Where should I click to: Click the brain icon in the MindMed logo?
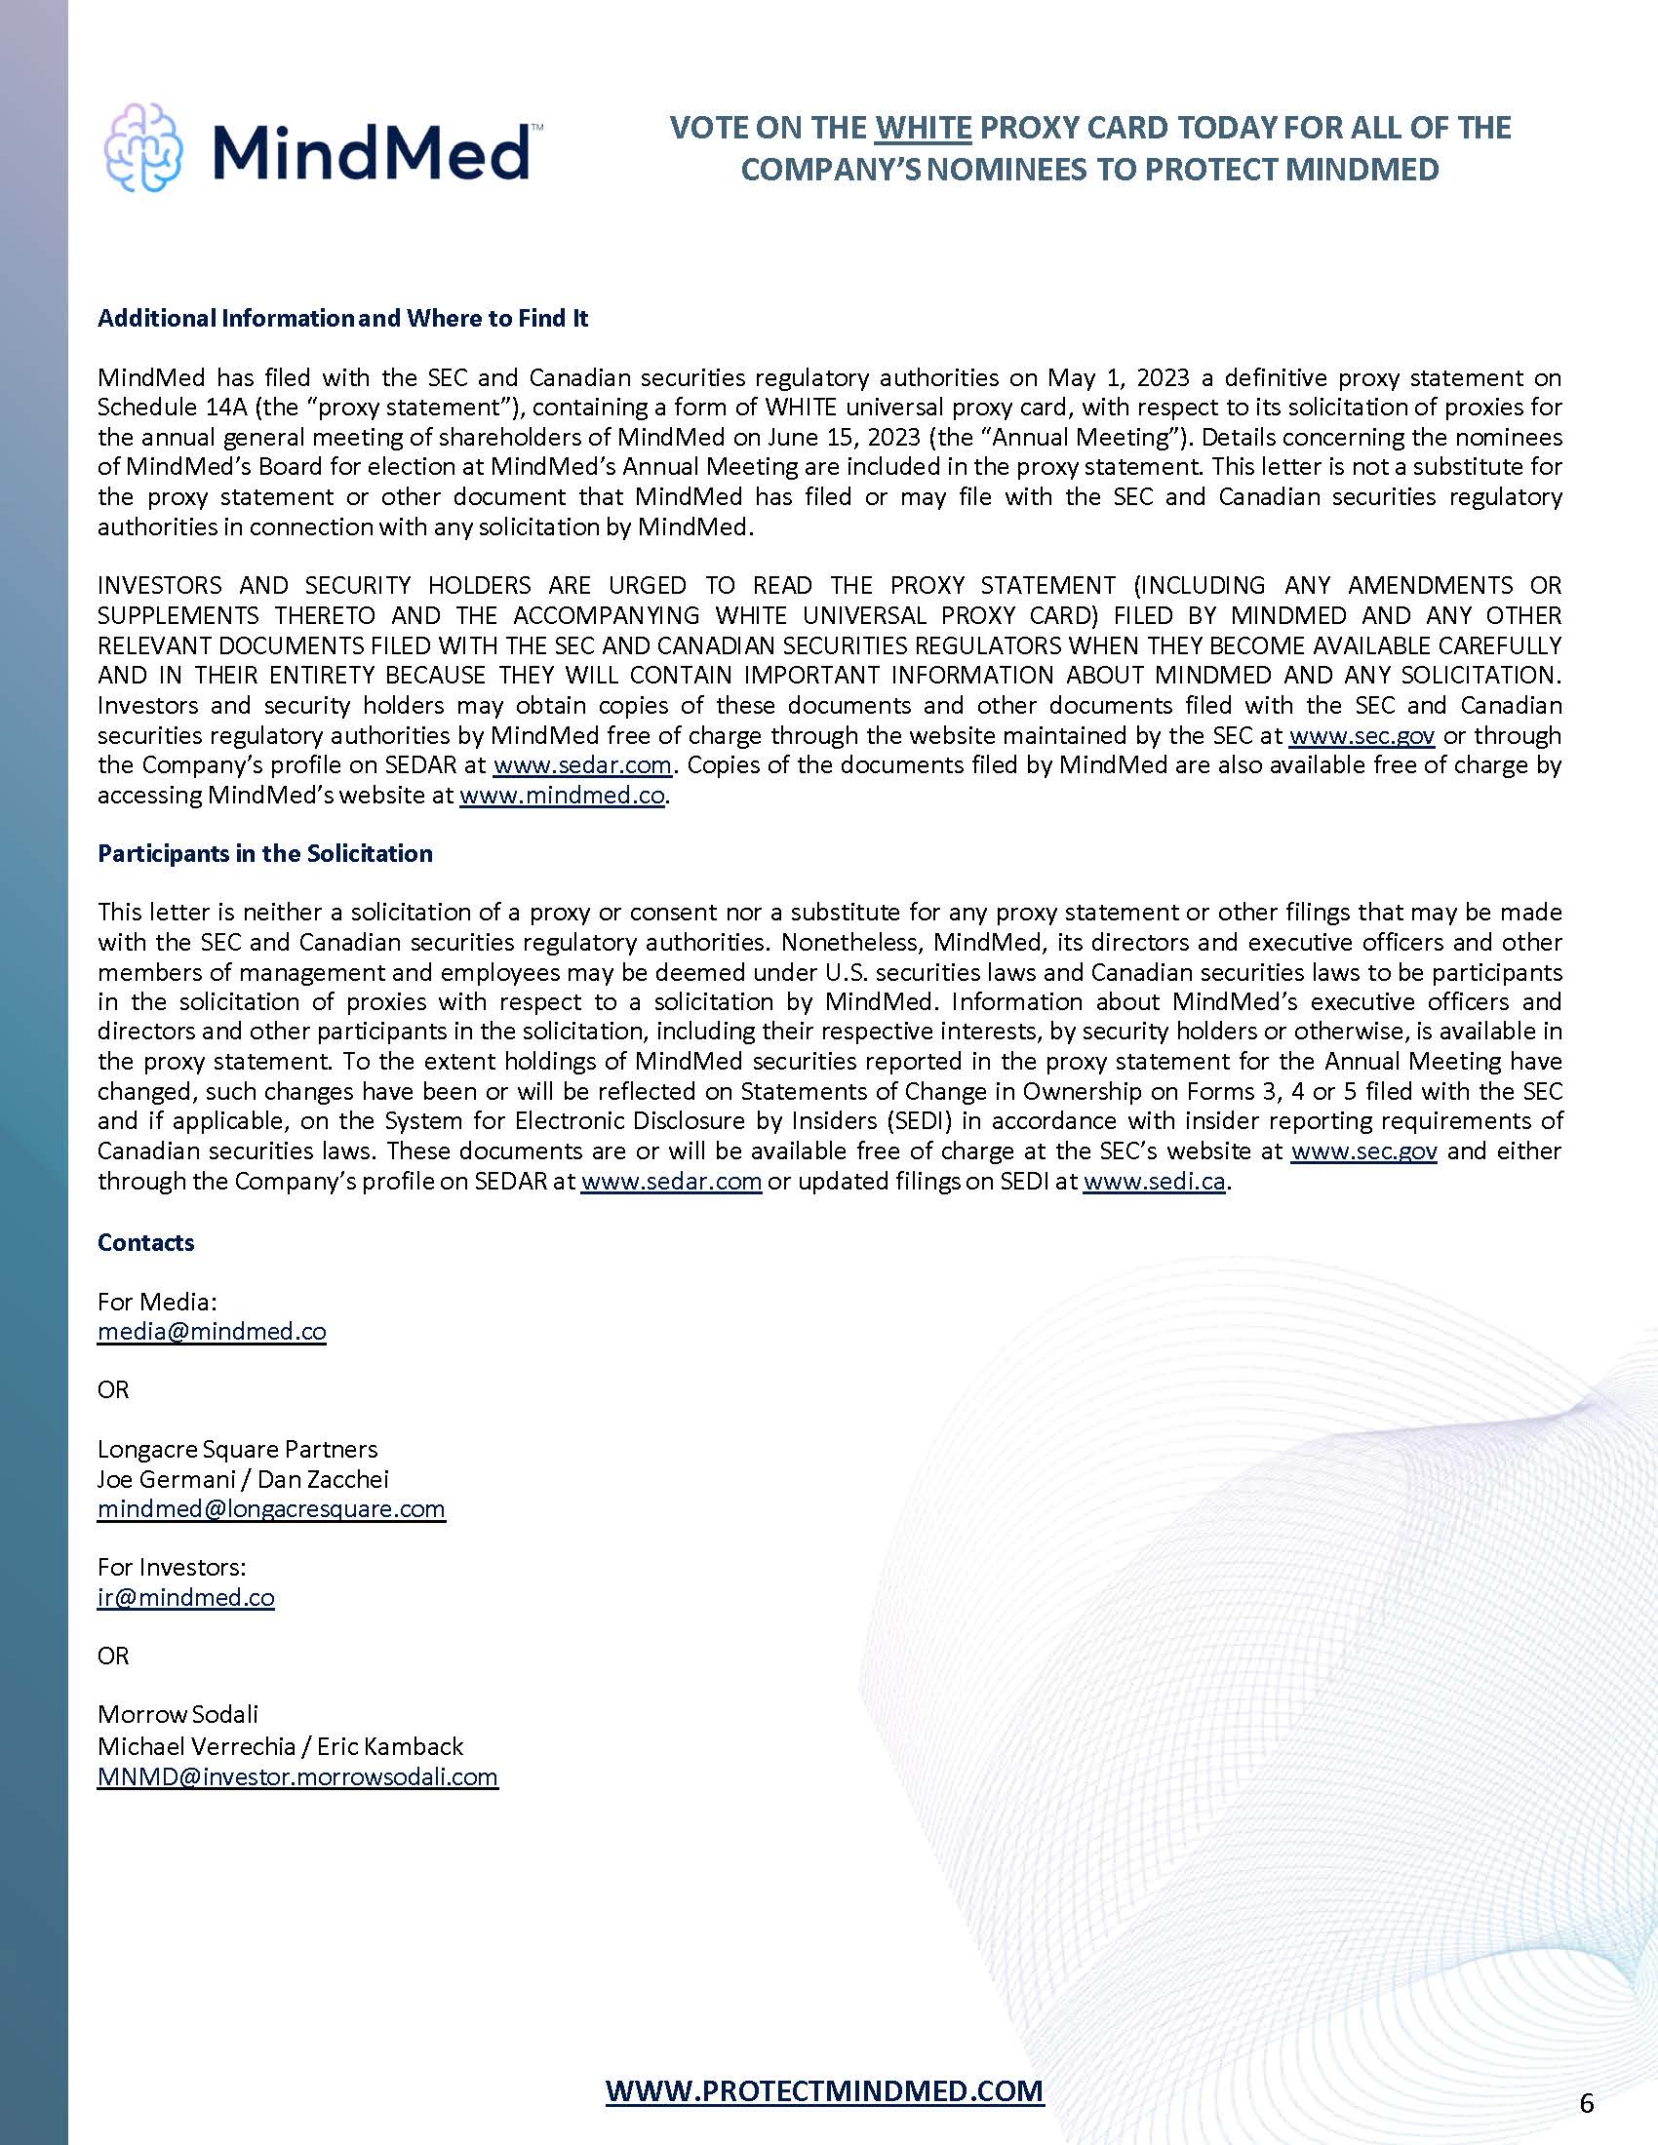tap(143, 146)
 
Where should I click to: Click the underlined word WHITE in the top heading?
tap(923, 128)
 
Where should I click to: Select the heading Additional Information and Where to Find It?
tap(342, 318)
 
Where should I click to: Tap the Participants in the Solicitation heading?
tap(265, 853)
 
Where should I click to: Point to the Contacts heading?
tap(145, 1242)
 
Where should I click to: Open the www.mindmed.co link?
tap(562, 796)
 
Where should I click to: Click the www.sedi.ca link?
tap(1154, 1181)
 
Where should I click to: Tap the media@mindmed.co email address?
tap(212, 1332)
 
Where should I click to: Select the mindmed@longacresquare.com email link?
tap(271, 1508)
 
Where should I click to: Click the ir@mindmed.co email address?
tap(185, 1597)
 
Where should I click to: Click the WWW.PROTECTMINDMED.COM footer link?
tap(824, 2090)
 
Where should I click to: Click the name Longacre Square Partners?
tap(237, 1449)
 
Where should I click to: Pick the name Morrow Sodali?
tap(178, 1715)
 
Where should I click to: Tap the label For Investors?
tap(172, 1568)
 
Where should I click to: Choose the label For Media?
tap(157, 1303)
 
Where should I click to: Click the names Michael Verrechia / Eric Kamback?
tap(280, 1745)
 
